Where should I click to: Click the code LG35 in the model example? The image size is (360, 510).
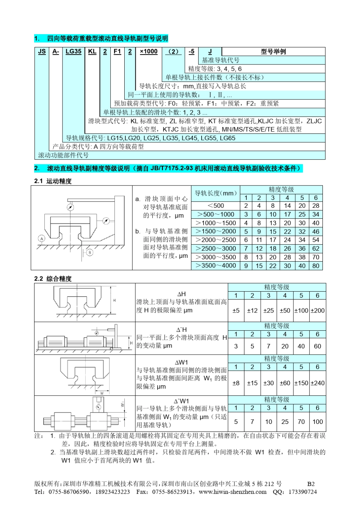[x=74, y=52]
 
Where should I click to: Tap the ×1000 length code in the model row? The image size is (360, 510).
[x=149, y=52]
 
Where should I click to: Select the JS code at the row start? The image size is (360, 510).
[x=42, y=52]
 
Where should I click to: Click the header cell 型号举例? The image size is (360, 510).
[x=273, y=52]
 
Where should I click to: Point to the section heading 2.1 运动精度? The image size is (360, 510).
[x=53, y=181]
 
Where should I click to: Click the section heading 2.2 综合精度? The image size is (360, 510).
[x=53, y=279]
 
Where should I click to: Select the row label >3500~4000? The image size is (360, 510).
[x=216, y=266]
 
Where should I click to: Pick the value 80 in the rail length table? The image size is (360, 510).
[x=316, y=266]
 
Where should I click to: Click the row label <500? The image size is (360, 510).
[x=216, y=206]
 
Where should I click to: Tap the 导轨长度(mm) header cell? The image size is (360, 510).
[x=216, y=193]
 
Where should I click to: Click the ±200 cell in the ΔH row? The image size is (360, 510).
[x=318, y=311]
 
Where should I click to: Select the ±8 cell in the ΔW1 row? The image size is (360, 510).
[x=236, y=383]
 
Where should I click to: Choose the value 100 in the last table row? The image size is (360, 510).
[x=318, y=422]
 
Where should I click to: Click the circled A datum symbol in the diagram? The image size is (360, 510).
[x=42, y=239]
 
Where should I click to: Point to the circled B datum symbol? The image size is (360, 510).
[x=90, y=252]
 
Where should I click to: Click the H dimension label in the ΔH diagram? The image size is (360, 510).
[x=114, y=300]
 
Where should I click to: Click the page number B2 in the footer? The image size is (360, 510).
[x=311, y=484]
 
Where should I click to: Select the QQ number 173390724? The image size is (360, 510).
[x=302, y=492]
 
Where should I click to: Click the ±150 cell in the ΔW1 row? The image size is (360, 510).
[x=301, y=383]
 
